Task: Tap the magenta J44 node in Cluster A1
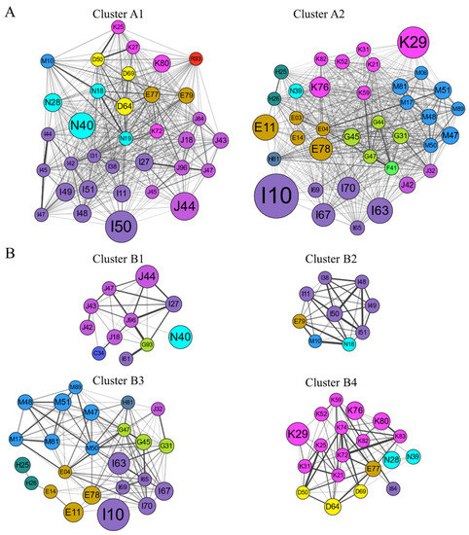click(186, 205)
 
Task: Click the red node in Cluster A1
click(196, 58)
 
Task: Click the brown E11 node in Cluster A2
click(265, 127)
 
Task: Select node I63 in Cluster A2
click(379, 208)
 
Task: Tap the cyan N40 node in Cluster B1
click(180, 338)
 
